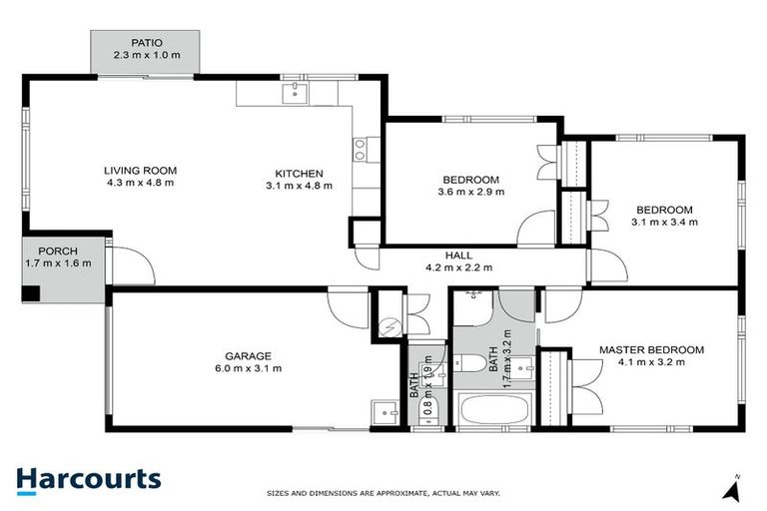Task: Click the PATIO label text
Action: coord(146,43)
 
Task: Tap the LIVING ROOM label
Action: coord(140,170)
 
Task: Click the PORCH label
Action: coord(58,251)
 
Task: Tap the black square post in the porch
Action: coord(33,293)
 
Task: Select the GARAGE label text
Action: coord(249,355)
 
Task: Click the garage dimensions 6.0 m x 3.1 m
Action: coord(249,368)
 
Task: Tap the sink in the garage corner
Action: coord(381,411)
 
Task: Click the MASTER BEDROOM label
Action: coord(650,349)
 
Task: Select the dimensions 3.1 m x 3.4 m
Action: coord(664,222)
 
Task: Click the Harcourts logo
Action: coord(88,479)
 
